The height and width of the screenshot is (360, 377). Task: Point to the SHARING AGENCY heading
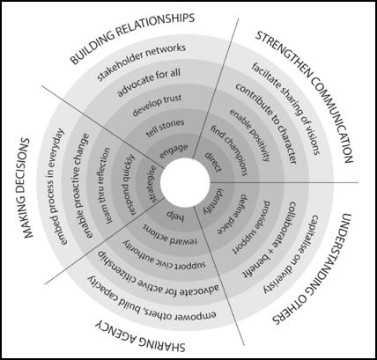click(x=140, y=337)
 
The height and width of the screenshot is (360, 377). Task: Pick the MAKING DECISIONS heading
click(x=27, y=187)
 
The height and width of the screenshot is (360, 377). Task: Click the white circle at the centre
click(x=185, y=182)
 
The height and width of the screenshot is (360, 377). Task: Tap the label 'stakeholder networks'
click(x=142, y=62)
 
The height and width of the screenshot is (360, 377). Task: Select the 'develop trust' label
click(x=157, y=105)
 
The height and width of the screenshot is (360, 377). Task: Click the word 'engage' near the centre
click(x=174, y=151)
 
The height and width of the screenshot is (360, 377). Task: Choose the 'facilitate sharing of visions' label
click(x=285, y=108)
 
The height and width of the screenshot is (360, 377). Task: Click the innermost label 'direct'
click(x=213, y=161)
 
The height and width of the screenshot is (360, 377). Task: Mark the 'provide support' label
click(x=252, y=226)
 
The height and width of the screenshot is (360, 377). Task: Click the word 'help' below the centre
click(x=175, y=216)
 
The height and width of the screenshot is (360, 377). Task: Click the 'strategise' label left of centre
click(x=152, y=183)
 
